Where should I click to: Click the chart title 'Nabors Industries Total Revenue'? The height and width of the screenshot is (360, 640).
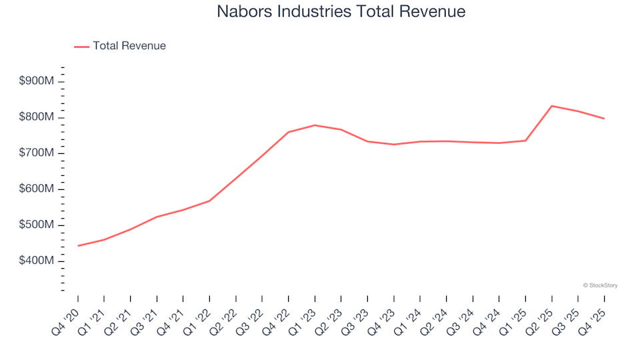341,11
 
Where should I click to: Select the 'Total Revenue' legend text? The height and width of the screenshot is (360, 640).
129,46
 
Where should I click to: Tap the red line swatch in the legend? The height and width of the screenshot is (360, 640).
81,47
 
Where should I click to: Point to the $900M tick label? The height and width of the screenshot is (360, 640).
37,81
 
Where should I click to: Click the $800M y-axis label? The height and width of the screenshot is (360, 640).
37,117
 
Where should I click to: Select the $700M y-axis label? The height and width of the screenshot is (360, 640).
37,153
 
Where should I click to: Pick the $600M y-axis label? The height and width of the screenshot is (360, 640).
37,189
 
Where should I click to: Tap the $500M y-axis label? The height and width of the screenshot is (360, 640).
37,225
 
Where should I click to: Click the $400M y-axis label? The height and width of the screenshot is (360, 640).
37,261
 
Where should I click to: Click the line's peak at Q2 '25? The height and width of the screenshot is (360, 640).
552,106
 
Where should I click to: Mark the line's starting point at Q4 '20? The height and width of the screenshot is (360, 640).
78,246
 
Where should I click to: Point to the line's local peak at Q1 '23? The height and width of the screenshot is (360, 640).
315,125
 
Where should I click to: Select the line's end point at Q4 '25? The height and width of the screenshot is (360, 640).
604,119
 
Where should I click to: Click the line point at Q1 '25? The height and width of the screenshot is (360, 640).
525,141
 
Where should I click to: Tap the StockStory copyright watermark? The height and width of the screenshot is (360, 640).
600,285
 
